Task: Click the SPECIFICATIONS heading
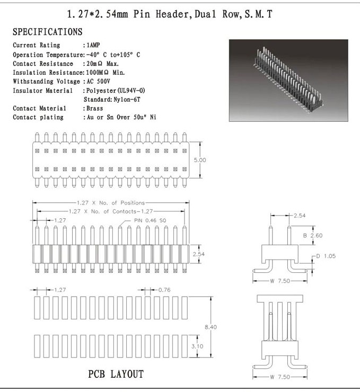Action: [x=47, y=32]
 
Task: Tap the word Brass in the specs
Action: [x=94, y=109]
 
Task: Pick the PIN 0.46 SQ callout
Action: [x=151, y=220]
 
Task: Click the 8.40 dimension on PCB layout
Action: [x=210, y=327]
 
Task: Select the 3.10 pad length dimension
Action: [x=210, y=346]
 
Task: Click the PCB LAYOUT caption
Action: [x=116, y=375]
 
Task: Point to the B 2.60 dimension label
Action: [x=312, y=235]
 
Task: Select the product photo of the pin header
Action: [x=288, y=81]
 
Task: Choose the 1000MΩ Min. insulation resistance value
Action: [x=109, y=73]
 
